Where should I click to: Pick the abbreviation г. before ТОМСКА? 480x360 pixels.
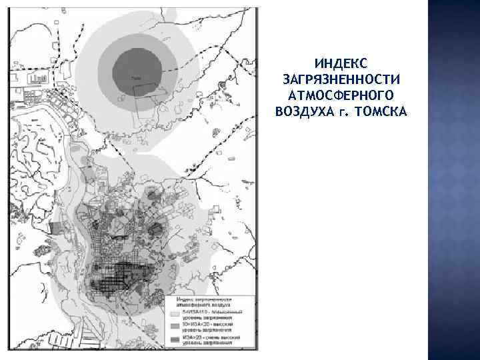(343, 109)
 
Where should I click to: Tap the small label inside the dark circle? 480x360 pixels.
(137, 78)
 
